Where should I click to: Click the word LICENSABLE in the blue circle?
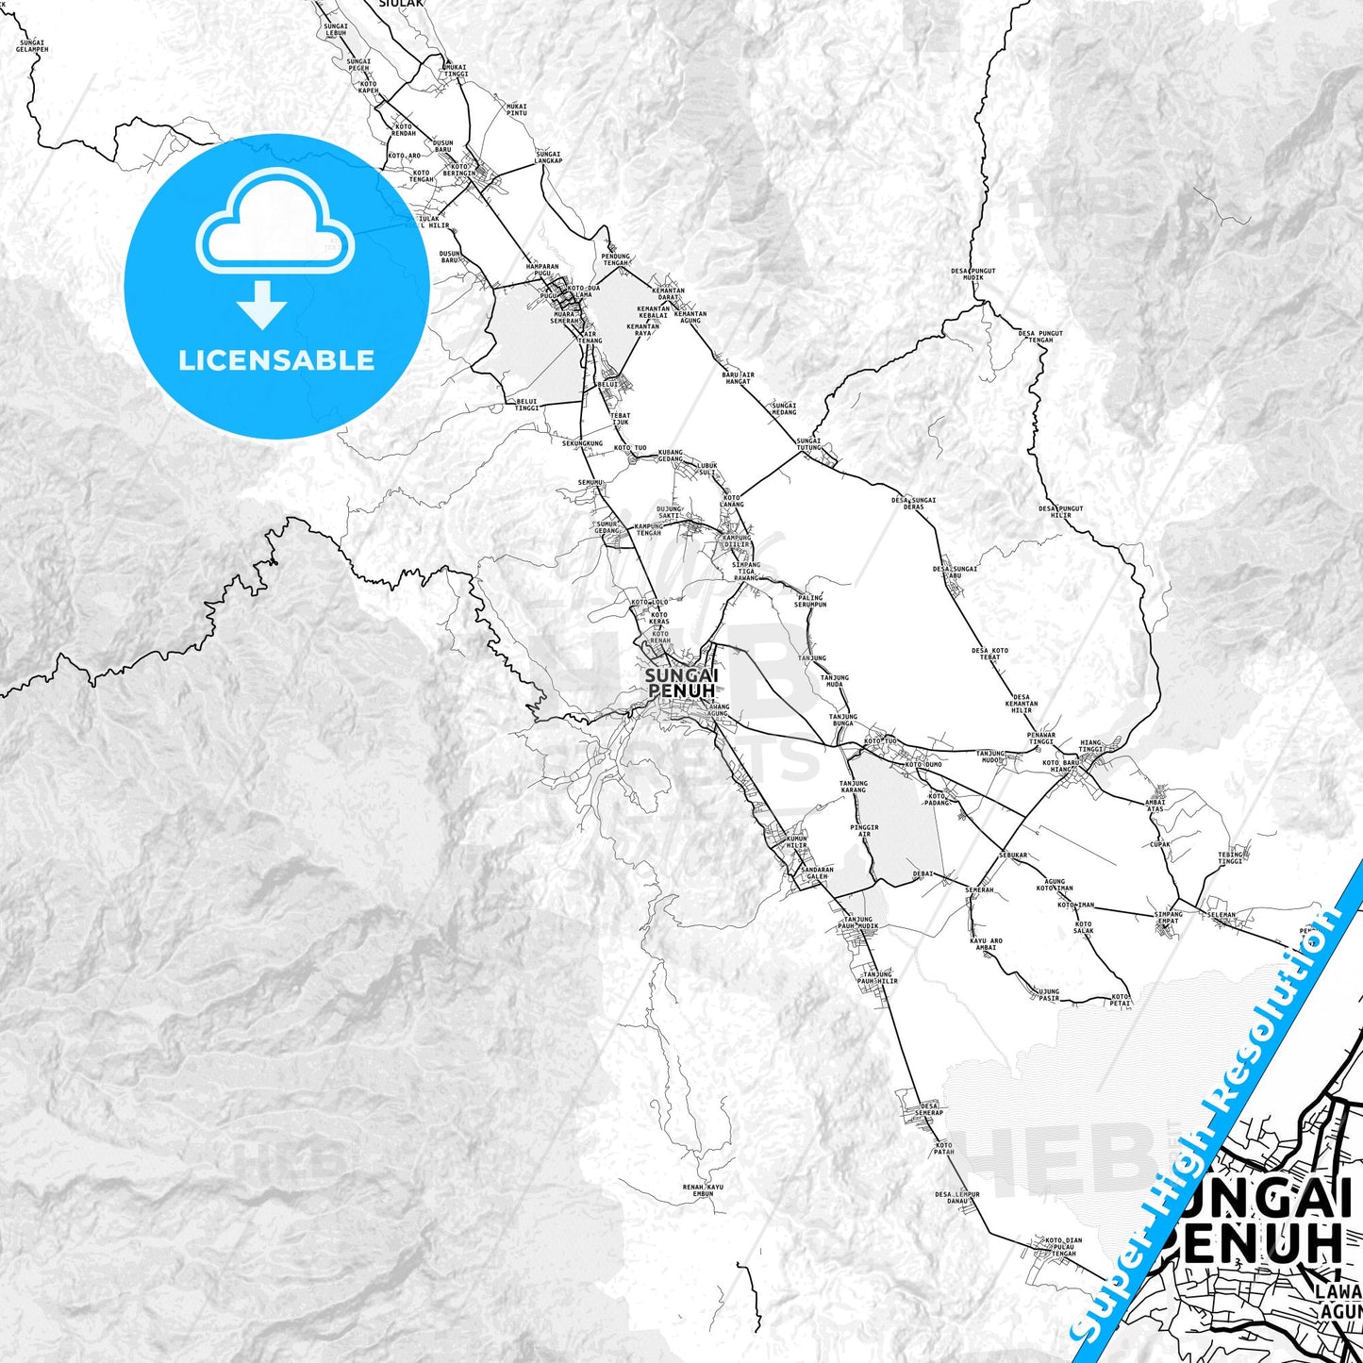pos(276,360)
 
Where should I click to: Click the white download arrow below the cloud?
pos(262,304)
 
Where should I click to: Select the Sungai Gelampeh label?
pos(32,45)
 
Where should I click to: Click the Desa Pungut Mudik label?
pos(972,274)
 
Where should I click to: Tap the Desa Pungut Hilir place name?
pos(1060,512)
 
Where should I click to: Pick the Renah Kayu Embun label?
pos(703,1190)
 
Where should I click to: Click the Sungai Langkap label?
pos(548,158)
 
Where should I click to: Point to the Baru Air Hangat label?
pos(738,378)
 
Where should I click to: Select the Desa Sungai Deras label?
pos(913,503)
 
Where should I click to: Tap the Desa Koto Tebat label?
pos(989,654)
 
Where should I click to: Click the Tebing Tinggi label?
pos(1230,858)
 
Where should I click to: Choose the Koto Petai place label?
pos(1120,1000)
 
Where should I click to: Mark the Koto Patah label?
pos(943,1148)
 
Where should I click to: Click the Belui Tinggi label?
pos(526,405)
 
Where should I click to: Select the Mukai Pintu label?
pos(516,109)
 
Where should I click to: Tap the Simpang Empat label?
pos(1168,917)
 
